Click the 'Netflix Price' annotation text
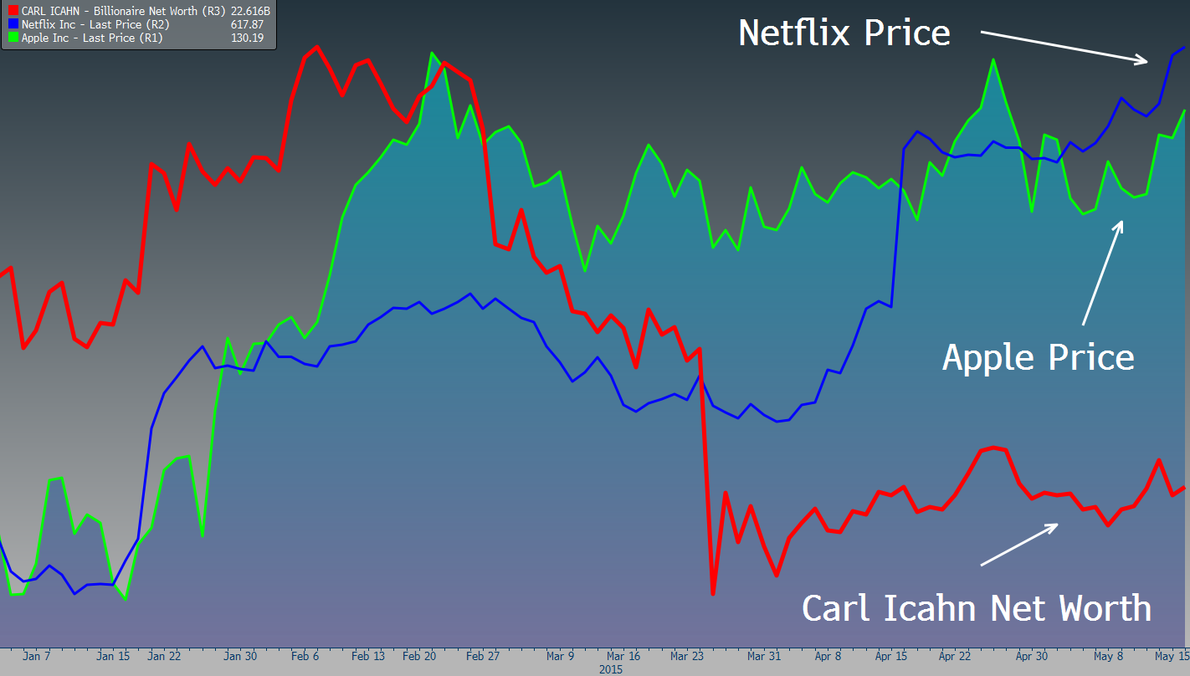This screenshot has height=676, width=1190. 844,33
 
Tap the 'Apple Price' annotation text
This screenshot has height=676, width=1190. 1038,357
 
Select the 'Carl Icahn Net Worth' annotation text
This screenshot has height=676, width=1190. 976,607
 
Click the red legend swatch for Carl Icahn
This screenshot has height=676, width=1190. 13,12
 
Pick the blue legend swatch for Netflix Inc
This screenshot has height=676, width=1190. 13,25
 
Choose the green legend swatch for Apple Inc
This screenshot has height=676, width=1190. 13,38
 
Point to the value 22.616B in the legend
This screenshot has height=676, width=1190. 250,12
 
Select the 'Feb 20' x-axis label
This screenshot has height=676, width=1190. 418,657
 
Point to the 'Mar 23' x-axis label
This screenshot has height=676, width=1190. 686,657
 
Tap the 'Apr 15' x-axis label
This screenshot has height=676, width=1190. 892,657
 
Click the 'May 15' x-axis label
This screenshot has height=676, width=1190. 1172,657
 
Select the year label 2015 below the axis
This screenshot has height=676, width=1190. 611,669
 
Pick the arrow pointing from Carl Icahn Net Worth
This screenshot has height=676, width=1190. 1019,544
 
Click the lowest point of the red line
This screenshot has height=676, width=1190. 713,593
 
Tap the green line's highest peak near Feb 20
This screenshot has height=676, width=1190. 432,53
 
